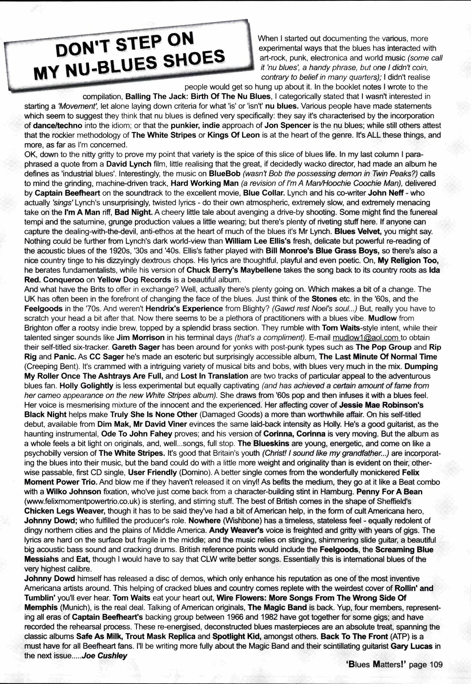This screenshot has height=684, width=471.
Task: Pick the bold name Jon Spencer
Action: click(x=287, y=125)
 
